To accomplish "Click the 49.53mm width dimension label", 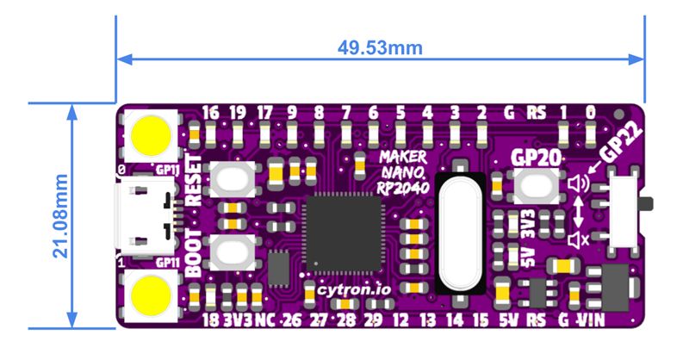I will (x=380, y=47).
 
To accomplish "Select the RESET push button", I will (x=231, y=179).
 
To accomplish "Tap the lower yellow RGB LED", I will (x=152, y=296).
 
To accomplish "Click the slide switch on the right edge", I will (x=626, y=206).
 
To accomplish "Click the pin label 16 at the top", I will (x=210, y=112).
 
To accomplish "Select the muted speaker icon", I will (x=577, y=239).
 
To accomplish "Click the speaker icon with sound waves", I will (x=577, y=183).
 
